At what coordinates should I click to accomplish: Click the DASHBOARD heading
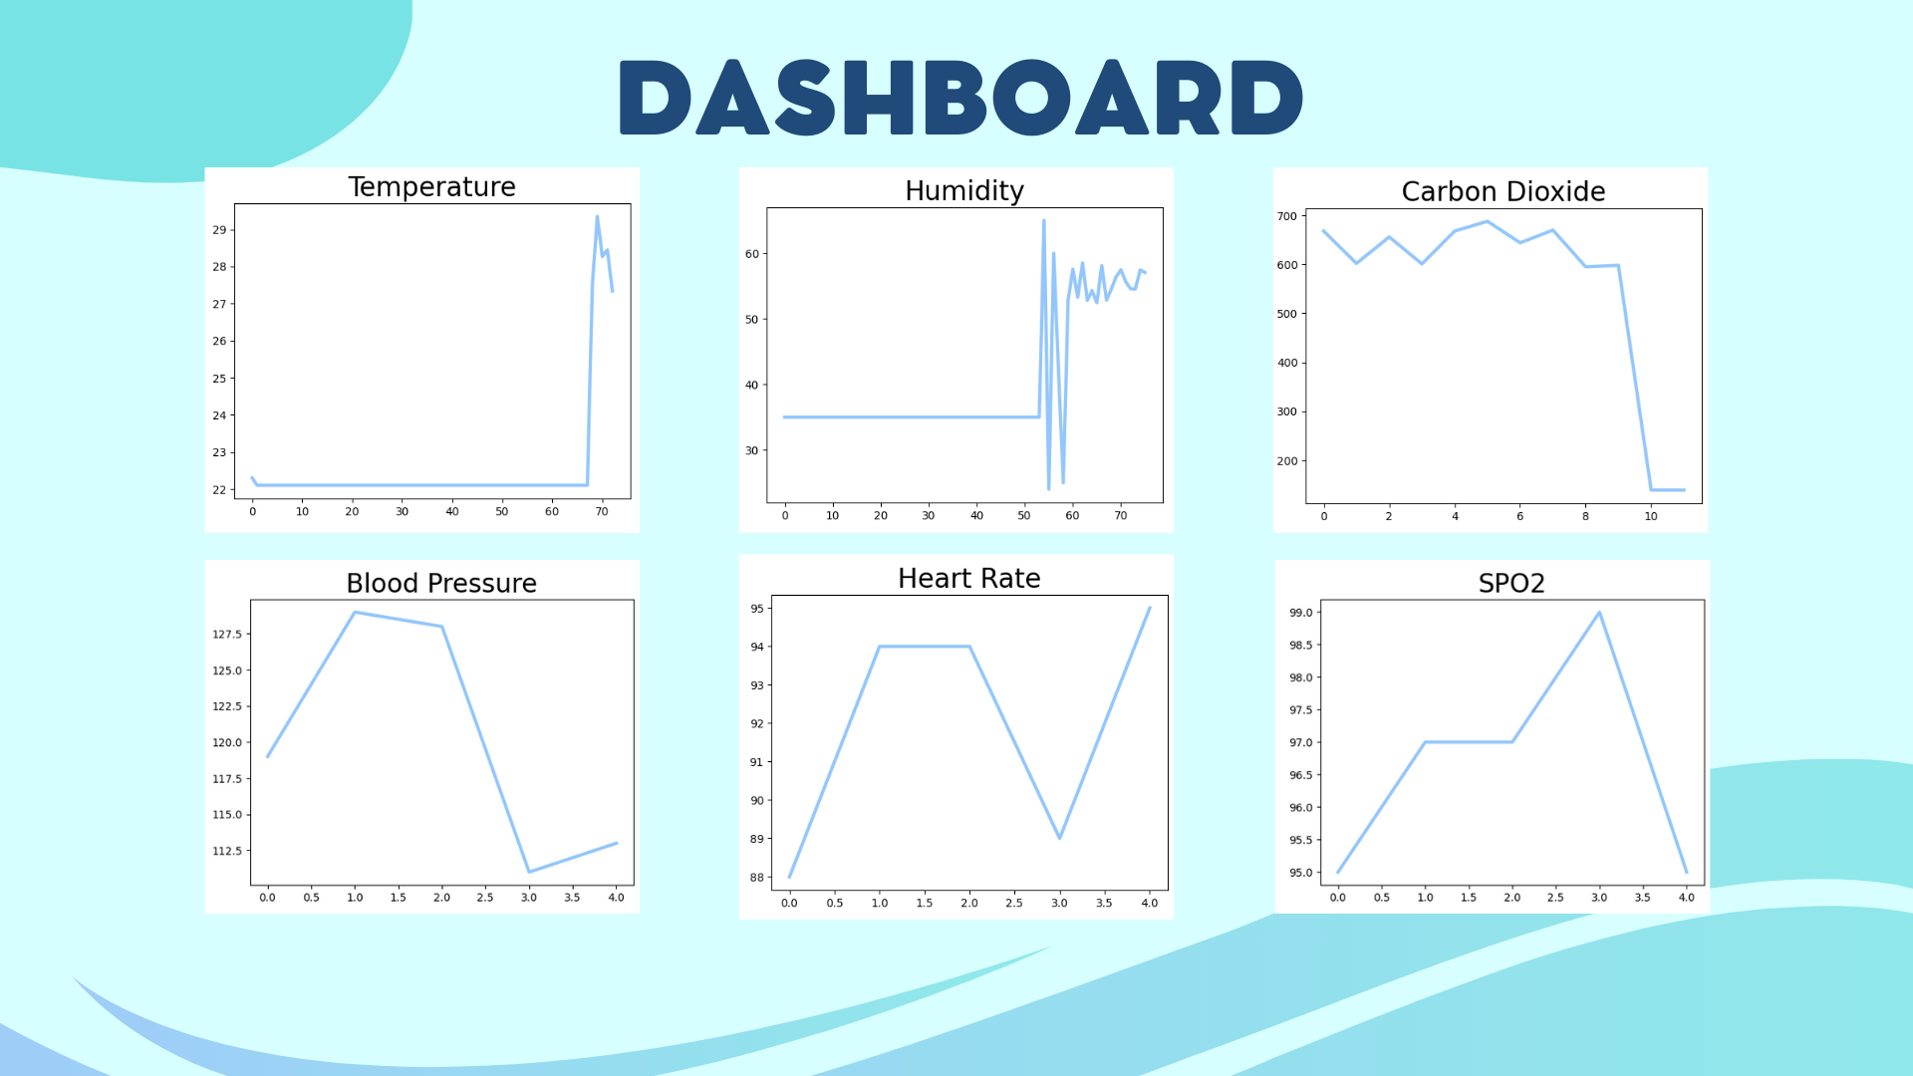961,97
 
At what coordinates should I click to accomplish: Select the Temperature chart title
431,187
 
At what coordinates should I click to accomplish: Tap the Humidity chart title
964,191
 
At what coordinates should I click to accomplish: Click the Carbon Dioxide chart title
1503,191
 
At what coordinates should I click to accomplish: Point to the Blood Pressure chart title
441,583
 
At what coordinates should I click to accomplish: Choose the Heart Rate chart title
969,578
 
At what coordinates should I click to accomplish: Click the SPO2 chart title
1511,583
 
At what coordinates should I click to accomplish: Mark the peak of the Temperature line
597,216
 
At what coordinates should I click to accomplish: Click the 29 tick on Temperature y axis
219,230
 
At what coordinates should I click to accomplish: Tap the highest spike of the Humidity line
1043,220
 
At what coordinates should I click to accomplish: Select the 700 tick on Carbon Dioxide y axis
1287,216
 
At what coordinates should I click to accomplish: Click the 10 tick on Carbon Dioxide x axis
1651,516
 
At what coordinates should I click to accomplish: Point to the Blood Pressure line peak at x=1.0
355,613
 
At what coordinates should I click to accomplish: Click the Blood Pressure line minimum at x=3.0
529,872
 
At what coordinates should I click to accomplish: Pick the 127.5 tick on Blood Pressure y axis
226,635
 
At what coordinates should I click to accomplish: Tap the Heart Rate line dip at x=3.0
1059,838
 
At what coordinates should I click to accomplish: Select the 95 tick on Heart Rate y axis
757,609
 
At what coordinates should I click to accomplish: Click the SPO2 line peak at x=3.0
1599,613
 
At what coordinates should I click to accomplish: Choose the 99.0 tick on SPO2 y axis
1301,613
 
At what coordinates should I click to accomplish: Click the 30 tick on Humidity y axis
752,450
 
